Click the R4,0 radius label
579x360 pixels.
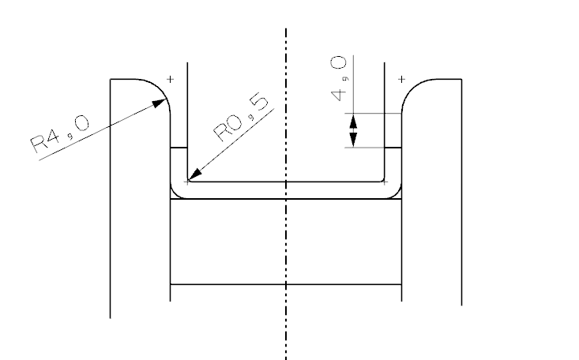point(60,132)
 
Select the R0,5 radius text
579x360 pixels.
point(240,118)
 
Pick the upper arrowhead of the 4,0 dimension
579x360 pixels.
point(353,120)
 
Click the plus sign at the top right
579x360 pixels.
point(402,79)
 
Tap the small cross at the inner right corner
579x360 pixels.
point(384,182)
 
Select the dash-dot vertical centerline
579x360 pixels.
point(286,237)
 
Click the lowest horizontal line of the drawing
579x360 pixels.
point(286,283)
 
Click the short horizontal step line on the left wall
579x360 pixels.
point(179,148)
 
